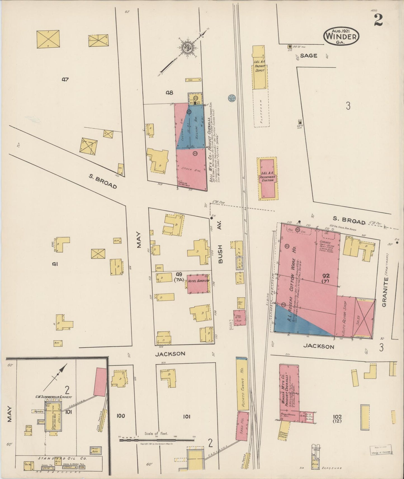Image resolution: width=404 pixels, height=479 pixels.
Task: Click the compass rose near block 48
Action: tap(186, 48)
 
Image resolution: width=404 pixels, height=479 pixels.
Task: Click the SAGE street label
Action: tap(309, 56)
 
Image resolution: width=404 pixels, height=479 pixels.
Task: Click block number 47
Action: tap(65, 80)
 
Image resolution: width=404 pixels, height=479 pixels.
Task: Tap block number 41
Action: tap(55, 263)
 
